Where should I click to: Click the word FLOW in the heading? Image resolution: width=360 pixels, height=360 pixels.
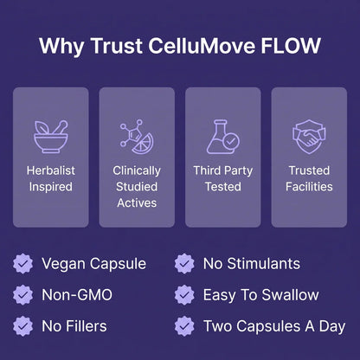[291, 46]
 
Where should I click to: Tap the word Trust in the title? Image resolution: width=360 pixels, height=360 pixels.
[117, 46]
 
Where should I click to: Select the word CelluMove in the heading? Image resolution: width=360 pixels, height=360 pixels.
[202, 46]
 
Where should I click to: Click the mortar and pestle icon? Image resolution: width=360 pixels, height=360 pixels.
[51, 137]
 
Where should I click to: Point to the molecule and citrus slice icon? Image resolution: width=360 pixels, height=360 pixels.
[137, 137]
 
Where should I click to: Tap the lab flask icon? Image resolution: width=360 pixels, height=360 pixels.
[222, 137]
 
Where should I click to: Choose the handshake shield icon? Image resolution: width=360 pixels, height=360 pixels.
[309, 137]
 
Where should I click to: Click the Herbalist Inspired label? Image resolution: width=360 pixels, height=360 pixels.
[51, 178]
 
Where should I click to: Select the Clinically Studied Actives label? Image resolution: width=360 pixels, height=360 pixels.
[137, 187]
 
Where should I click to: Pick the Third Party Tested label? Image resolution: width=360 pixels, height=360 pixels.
[223, 178]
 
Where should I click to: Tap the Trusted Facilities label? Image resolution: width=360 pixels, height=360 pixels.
[309, 178]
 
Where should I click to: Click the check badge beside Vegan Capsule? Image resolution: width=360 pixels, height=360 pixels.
[22, 263]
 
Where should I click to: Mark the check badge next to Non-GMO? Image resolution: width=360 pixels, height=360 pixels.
[22, 295]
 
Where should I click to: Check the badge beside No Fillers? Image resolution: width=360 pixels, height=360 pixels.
[22, 326]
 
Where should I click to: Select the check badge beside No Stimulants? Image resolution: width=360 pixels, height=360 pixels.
[184, 263]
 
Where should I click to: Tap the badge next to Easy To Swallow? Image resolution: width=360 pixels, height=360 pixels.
[184, 295]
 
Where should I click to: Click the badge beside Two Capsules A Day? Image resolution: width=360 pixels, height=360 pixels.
[184, 326]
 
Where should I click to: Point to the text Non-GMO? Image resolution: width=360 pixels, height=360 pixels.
[77, 295]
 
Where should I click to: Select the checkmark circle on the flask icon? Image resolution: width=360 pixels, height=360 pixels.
[231, 141]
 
